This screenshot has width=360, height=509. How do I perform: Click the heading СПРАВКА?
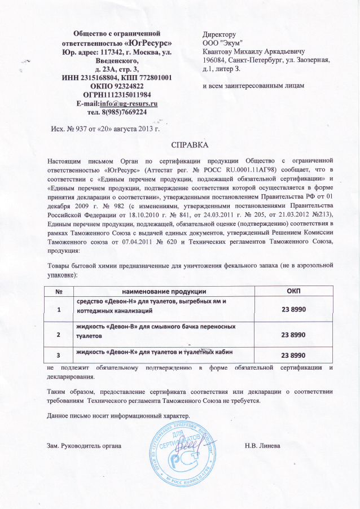[186, 145]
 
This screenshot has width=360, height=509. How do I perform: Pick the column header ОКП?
[293, 290]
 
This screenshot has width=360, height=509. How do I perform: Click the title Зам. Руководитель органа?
[84, 446]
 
